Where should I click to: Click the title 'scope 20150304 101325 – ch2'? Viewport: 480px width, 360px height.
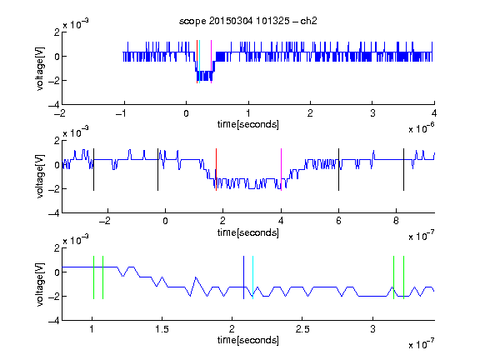(x=248, y=21)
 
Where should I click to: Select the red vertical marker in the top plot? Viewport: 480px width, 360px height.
(x=197, y=62)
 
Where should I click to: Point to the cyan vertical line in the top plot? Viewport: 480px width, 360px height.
(x=199, y=62)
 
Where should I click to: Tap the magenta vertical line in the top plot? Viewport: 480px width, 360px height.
(x=211, y=62)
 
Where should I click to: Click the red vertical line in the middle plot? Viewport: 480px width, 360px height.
(x=216, y=170)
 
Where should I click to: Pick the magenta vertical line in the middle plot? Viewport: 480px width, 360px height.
(x=281, y=170)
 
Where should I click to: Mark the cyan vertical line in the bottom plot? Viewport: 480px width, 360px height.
(x=252, y=277)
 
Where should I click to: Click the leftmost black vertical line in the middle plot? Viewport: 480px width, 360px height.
(x=93, y=170)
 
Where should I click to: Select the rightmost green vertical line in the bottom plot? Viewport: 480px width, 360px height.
(x=404, y=277)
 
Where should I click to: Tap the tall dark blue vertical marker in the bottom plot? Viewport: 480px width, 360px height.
(x=243, y=277)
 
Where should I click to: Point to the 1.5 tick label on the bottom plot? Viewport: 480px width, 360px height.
(x=162, y=329)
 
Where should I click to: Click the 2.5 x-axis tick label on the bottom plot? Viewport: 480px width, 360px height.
(x=302, y=329)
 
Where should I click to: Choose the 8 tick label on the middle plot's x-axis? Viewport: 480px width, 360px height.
(x=396, y=221)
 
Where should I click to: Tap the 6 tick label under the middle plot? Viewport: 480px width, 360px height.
(x=338, y=221)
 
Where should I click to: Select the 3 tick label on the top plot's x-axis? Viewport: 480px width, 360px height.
(x=372, y=113)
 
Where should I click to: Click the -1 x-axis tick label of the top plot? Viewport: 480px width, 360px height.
(x=121, y=113)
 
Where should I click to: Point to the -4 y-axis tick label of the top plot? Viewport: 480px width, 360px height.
(x=54, y=105)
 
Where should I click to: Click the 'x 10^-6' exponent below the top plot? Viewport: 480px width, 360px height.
(x=422, y=128)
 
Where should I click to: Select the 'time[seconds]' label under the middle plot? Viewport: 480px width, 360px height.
(x=248, y=232)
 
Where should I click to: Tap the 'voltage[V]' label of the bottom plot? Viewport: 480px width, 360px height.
(x=40, y=285)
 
